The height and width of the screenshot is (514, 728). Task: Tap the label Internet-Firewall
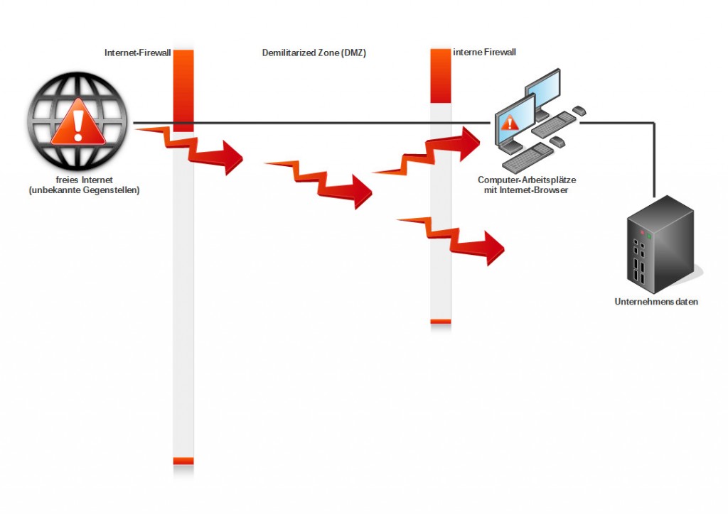point(137,53)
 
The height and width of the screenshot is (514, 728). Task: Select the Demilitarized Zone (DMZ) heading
point(314,53)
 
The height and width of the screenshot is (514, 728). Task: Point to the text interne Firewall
point(484,52)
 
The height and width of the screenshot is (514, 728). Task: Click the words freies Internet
point(85,180)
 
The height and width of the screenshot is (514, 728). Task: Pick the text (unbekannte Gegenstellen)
point(85,190)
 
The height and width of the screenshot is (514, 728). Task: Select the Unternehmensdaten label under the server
point(656,302)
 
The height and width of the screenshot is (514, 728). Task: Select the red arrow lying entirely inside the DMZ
point(323,183)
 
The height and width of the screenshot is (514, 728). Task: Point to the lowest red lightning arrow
point(455,238)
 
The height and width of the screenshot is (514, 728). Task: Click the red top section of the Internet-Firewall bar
point(183,89)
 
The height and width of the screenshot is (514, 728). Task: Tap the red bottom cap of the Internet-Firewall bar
point(183,461)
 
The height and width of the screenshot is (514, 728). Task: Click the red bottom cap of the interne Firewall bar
point(441,322)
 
